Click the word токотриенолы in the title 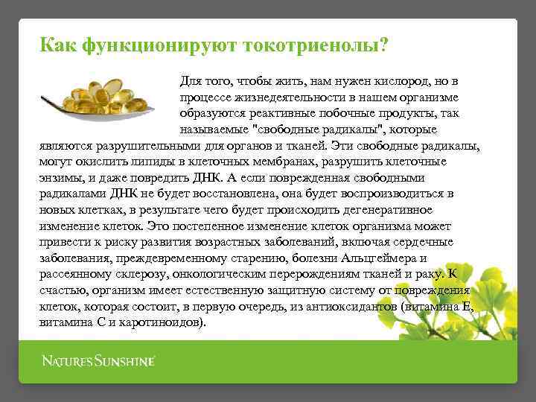[x=309, y=46]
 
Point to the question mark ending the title [x=383, y=45]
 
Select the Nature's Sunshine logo [x=98, y=362]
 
